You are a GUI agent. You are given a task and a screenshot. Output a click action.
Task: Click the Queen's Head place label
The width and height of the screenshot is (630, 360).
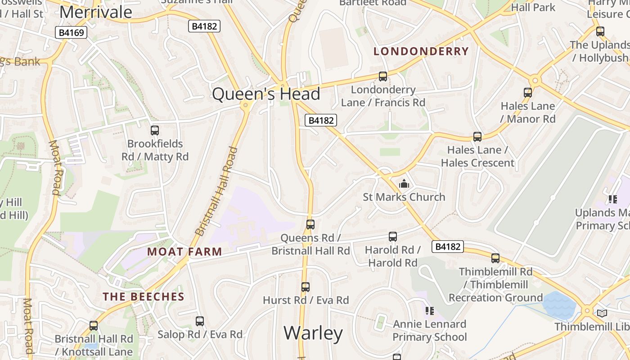tap(266, 94)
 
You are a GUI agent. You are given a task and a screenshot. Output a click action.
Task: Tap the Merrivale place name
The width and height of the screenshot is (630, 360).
tap(96, 12)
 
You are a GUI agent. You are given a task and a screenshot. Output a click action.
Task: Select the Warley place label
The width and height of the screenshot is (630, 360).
tap(313, 333)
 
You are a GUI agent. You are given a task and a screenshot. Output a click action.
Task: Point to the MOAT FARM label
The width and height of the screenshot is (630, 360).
tap(184, 252)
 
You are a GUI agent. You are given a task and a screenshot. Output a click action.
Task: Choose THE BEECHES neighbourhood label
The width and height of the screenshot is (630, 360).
tap(144, 297)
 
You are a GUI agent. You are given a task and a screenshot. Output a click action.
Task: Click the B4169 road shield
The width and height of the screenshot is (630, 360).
tap(71, 32)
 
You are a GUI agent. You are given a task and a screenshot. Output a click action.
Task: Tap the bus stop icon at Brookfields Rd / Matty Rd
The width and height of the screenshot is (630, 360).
tap(155, 130)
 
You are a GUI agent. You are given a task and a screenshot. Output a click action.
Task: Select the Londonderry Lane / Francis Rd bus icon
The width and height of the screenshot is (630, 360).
tap(383, 76)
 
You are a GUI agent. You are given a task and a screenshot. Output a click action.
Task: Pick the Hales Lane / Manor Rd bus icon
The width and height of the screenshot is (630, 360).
tap(528, 93)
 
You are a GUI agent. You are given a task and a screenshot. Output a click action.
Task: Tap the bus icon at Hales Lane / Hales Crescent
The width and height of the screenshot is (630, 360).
tap(477, 137)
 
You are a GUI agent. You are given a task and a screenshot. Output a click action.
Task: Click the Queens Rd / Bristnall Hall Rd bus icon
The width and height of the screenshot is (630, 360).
tap(310, 225)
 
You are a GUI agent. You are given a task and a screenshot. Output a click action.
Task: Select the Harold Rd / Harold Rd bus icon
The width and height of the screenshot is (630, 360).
tap(393, 237)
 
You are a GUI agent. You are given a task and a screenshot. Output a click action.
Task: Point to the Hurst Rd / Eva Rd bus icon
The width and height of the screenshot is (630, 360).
tap(306, 287)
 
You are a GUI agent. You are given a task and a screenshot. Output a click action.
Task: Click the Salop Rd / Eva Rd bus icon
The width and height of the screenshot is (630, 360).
tap(200, 321)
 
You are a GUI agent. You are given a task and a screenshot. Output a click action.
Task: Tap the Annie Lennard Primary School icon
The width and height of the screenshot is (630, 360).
tap(429, 311)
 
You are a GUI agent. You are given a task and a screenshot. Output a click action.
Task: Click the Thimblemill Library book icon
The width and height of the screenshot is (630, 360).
tap(602, 313)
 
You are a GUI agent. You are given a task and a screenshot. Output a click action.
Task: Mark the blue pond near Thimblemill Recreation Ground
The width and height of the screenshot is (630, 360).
tap(559, 305)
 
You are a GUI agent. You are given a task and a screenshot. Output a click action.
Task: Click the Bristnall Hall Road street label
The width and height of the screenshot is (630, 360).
tap(216, 191)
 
